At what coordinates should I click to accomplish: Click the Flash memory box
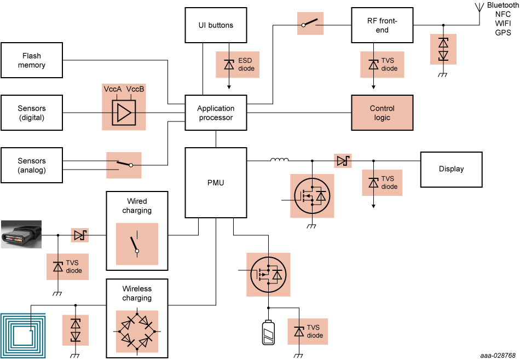(x=32, y=61)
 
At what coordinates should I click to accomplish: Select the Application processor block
(x=216, y=113)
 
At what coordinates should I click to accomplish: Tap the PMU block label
(x=216, y=182)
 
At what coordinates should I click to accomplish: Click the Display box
(x=451, y=169)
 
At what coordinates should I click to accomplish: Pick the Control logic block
(x=382, y=113)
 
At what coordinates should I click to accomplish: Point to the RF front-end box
(x=382, y=25)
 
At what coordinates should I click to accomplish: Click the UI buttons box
(x=216, y=25)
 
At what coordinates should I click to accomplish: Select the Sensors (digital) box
(x=32, y=113)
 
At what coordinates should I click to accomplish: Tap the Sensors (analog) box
(x=32, y=165)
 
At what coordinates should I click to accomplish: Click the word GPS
(x=502, y=33)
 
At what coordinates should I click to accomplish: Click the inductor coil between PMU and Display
(x=279, y=160)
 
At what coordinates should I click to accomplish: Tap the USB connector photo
(x=21, y=235)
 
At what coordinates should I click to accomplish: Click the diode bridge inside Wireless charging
(x=137, y=332)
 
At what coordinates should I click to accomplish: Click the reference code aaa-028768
(x=498, y=355)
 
